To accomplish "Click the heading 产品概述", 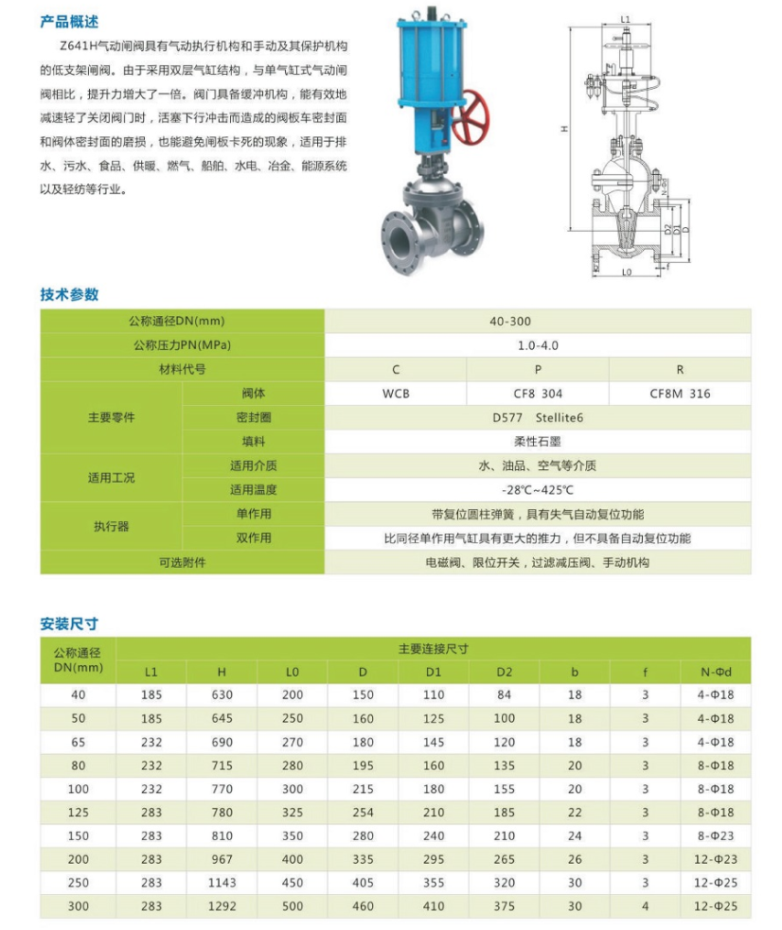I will click(x=69, y=22).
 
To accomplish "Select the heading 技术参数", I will click(x=69, y=294).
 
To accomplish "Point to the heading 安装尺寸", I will click(x=69, y=623).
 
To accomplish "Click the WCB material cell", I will click(x=396, y=393).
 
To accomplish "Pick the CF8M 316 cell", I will click(x=679, y=393).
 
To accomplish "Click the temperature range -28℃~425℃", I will click(x=538, y=490).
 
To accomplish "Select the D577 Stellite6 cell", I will click(x=537, y=417).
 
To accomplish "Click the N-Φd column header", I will click(x=717, y=672).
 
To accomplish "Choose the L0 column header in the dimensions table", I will click(x=293, y=672).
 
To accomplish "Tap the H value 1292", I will click(x=222, y=905).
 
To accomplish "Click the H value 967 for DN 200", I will click(x=222, y=858).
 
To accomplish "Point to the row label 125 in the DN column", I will click(x=78, y=812).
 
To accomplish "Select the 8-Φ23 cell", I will click(x=717, y=835).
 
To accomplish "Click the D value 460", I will click(x=363, y=905).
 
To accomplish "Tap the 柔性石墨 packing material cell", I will click(x=538, y=441).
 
